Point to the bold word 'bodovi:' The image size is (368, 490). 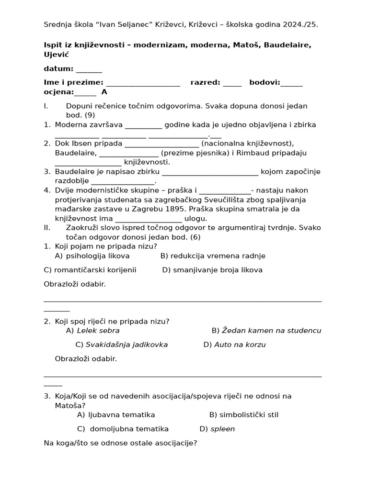[264, 82]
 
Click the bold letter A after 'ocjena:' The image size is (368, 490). [104, 92]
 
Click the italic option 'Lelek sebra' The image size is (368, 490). [98, 331]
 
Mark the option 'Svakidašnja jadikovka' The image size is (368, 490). [126, 345]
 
